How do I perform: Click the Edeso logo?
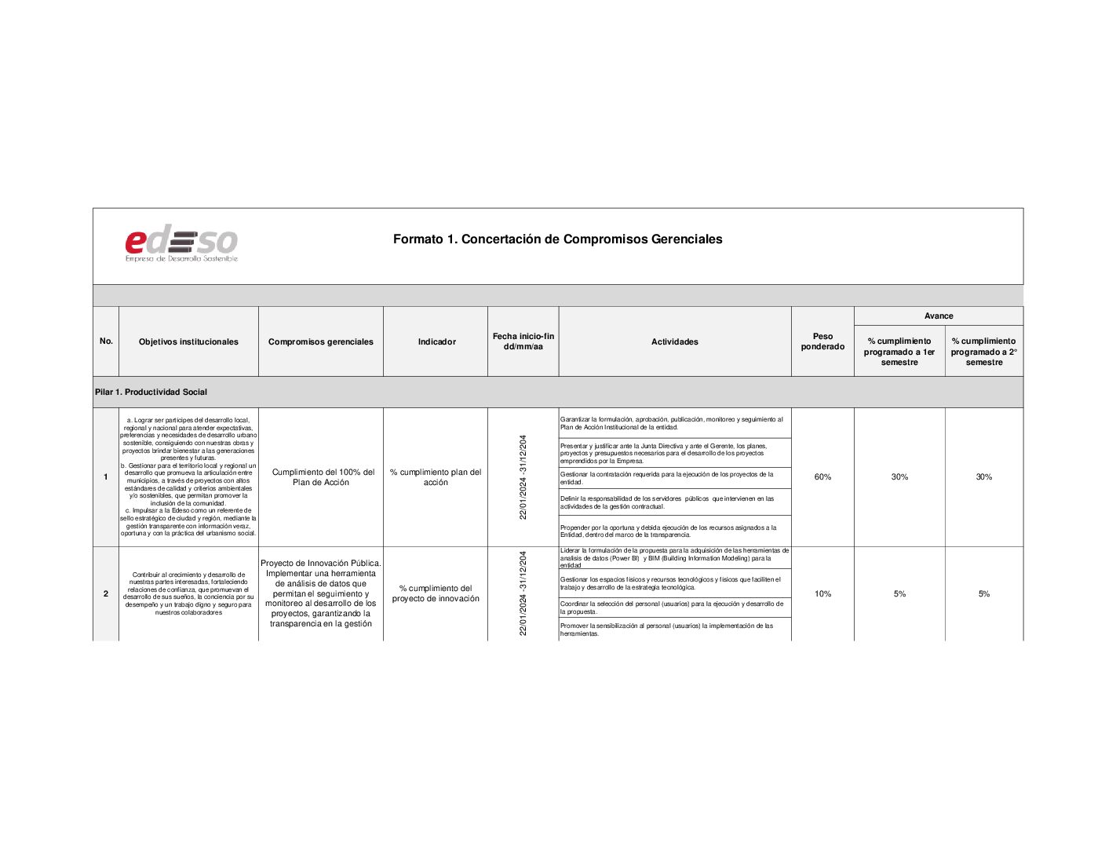[x=181, y=244]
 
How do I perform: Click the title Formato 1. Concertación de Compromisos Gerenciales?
[x=557, y=239]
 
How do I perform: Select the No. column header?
[x=106, y=341]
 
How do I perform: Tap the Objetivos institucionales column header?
[x=188, y=341]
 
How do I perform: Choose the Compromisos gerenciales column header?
[x=320, y=341]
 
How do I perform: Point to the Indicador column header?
[x=436, y=341]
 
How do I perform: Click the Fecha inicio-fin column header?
[x=523, y=341]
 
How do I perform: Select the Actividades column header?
[x=674, y=341]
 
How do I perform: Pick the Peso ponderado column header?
[x=822, y=341]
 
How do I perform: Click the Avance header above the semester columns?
[x=939, y=316]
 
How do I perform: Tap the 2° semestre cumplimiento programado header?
[x=983, y=352]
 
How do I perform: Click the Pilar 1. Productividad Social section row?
[x=151, y=392]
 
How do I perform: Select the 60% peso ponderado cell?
[x=822, y=477]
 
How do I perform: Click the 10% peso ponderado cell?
[x=822, y=594]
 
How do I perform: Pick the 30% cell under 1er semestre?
[x=899, y=477]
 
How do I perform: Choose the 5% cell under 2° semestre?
[x=983, y=594]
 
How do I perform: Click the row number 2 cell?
[x=106, y=594]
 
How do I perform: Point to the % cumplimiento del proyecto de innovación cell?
[x=436, y=594]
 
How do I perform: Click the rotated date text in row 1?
[x=523, y=477]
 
